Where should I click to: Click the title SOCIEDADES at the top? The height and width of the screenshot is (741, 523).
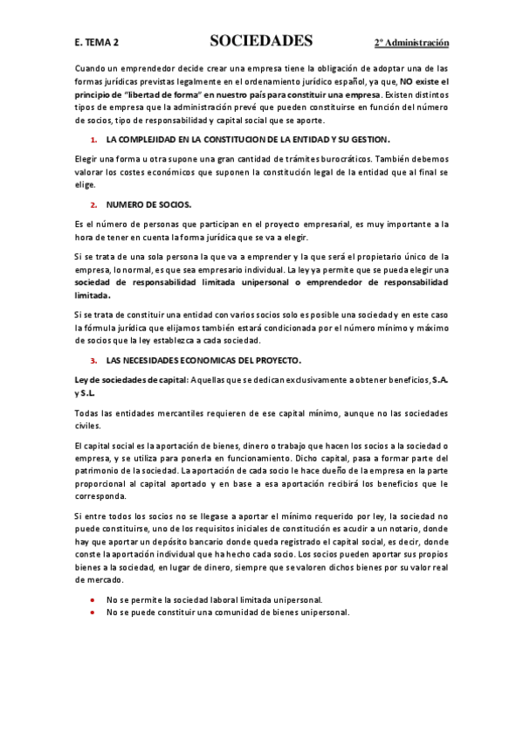coord(261,41)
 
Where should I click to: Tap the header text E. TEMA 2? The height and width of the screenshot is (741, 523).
coord(98,42)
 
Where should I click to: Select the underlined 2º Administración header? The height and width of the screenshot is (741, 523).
coord(411,42)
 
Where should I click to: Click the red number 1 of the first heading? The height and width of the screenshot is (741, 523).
coord(93,140)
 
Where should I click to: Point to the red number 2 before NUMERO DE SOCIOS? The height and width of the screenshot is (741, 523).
coord(93,204)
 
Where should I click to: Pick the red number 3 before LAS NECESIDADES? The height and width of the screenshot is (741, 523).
coord(93,360)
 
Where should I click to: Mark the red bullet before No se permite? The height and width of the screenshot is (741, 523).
coord(93,600)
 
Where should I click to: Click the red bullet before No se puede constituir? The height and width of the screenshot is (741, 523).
coord(93,613)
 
